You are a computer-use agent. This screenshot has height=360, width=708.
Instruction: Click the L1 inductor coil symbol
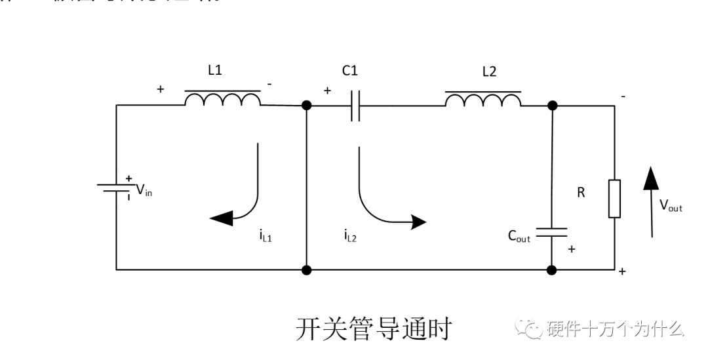[222, 99]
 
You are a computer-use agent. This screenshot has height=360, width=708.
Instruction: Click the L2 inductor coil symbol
[483, 99]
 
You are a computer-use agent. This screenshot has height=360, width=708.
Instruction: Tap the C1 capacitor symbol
[355, 106]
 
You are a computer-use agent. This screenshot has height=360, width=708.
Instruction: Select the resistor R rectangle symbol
[614, 198]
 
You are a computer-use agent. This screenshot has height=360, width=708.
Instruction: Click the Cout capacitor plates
[551, 231]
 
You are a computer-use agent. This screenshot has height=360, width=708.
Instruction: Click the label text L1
[215, 71]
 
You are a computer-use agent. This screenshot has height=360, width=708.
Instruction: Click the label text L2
[489, 71]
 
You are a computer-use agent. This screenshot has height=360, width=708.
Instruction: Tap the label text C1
[350, 71]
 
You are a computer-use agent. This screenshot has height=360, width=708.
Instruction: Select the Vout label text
[671, 206]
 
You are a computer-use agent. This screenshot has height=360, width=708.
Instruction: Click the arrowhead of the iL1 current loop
[221, 218]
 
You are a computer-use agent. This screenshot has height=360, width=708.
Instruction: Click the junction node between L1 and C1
[306, 106]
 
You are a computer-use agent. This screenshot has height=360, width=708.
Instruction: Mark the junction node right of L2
[552, 106]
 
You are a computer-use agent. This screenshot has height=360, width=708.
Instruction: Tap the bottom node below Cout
[552, 270]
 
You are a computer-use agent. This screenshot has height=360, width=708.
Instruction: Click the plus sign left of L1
[161, 89]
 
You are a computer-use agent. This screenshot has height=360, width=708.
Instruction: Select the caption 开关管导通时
[374, 329]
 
